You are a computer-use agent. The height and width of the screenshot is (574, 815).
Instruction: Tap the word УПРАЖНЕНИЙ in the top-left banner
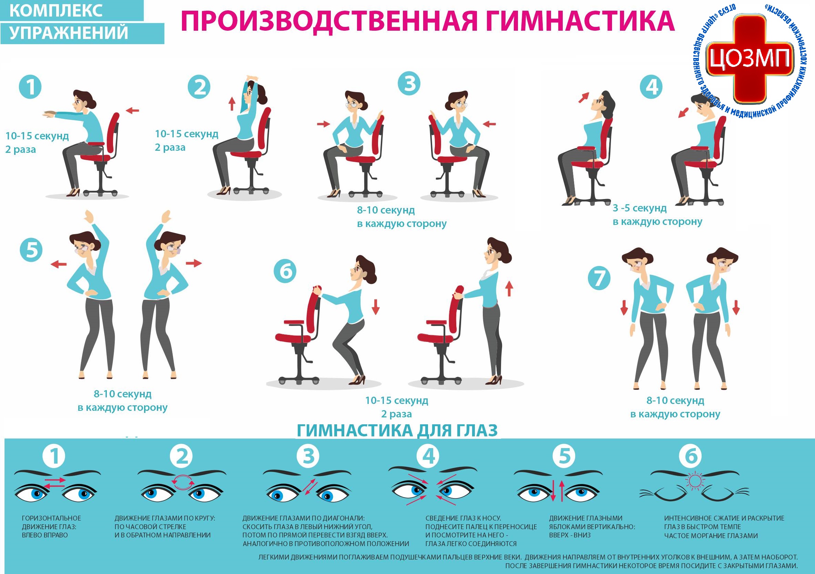69,33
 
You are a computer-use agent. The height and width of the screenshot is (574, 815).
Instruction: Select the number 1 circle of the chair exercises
30,87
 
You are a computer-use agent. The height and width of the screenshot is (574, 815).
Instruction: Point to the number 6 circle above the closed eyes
690,456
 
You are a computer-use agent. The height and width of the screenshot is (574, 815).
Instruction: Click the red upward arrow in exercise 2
232,103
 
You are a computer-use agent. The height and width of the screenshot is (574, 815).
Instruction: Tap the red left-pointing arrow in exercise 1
133,111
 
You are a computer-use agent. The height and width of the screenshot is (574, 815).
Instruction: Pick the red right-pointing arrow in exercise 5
194,263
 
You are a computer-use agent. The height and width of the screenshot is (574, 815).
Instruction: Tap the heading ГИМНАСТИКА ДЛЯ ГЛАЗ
397,430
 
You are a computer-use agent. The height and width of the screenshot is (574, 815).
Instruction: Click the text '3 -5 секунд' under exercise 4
639,208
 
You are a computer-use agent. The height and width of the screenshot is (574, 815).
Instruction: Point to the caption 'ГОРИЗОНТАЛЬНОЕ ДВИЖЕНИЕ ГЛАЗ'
51,523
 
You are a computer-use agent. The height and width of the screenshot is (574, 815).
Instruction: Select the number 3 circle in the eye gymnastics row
308,456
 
